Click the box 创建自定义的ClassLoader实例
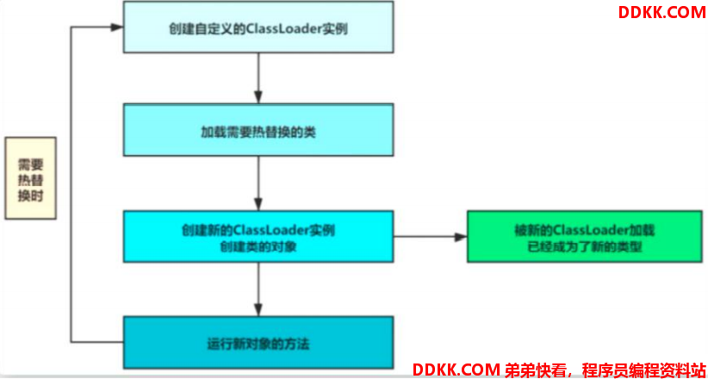pos(258,27)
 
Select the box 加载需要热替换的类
pos(258,130)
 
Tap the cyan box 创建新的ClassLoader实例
pos(258,236)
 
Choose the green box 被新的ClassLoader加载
pos(584,236)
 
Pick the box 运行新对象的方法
pos(258,342)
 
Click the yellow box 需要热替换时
pos(31,178)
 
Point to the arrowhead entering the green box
pos(461,236)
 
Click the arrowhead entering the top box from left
pos(117,27)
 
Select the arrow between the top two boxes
pos(258,78)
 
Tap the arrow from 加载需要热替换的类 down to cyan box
pos(258,183)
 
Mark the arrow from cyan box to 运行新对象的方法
pos(258,289)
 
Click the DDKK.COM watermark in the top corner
pos(661,12)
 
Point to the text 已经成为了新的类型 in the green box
pos(584,247)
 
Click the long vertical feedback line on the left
pos(71,184)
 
